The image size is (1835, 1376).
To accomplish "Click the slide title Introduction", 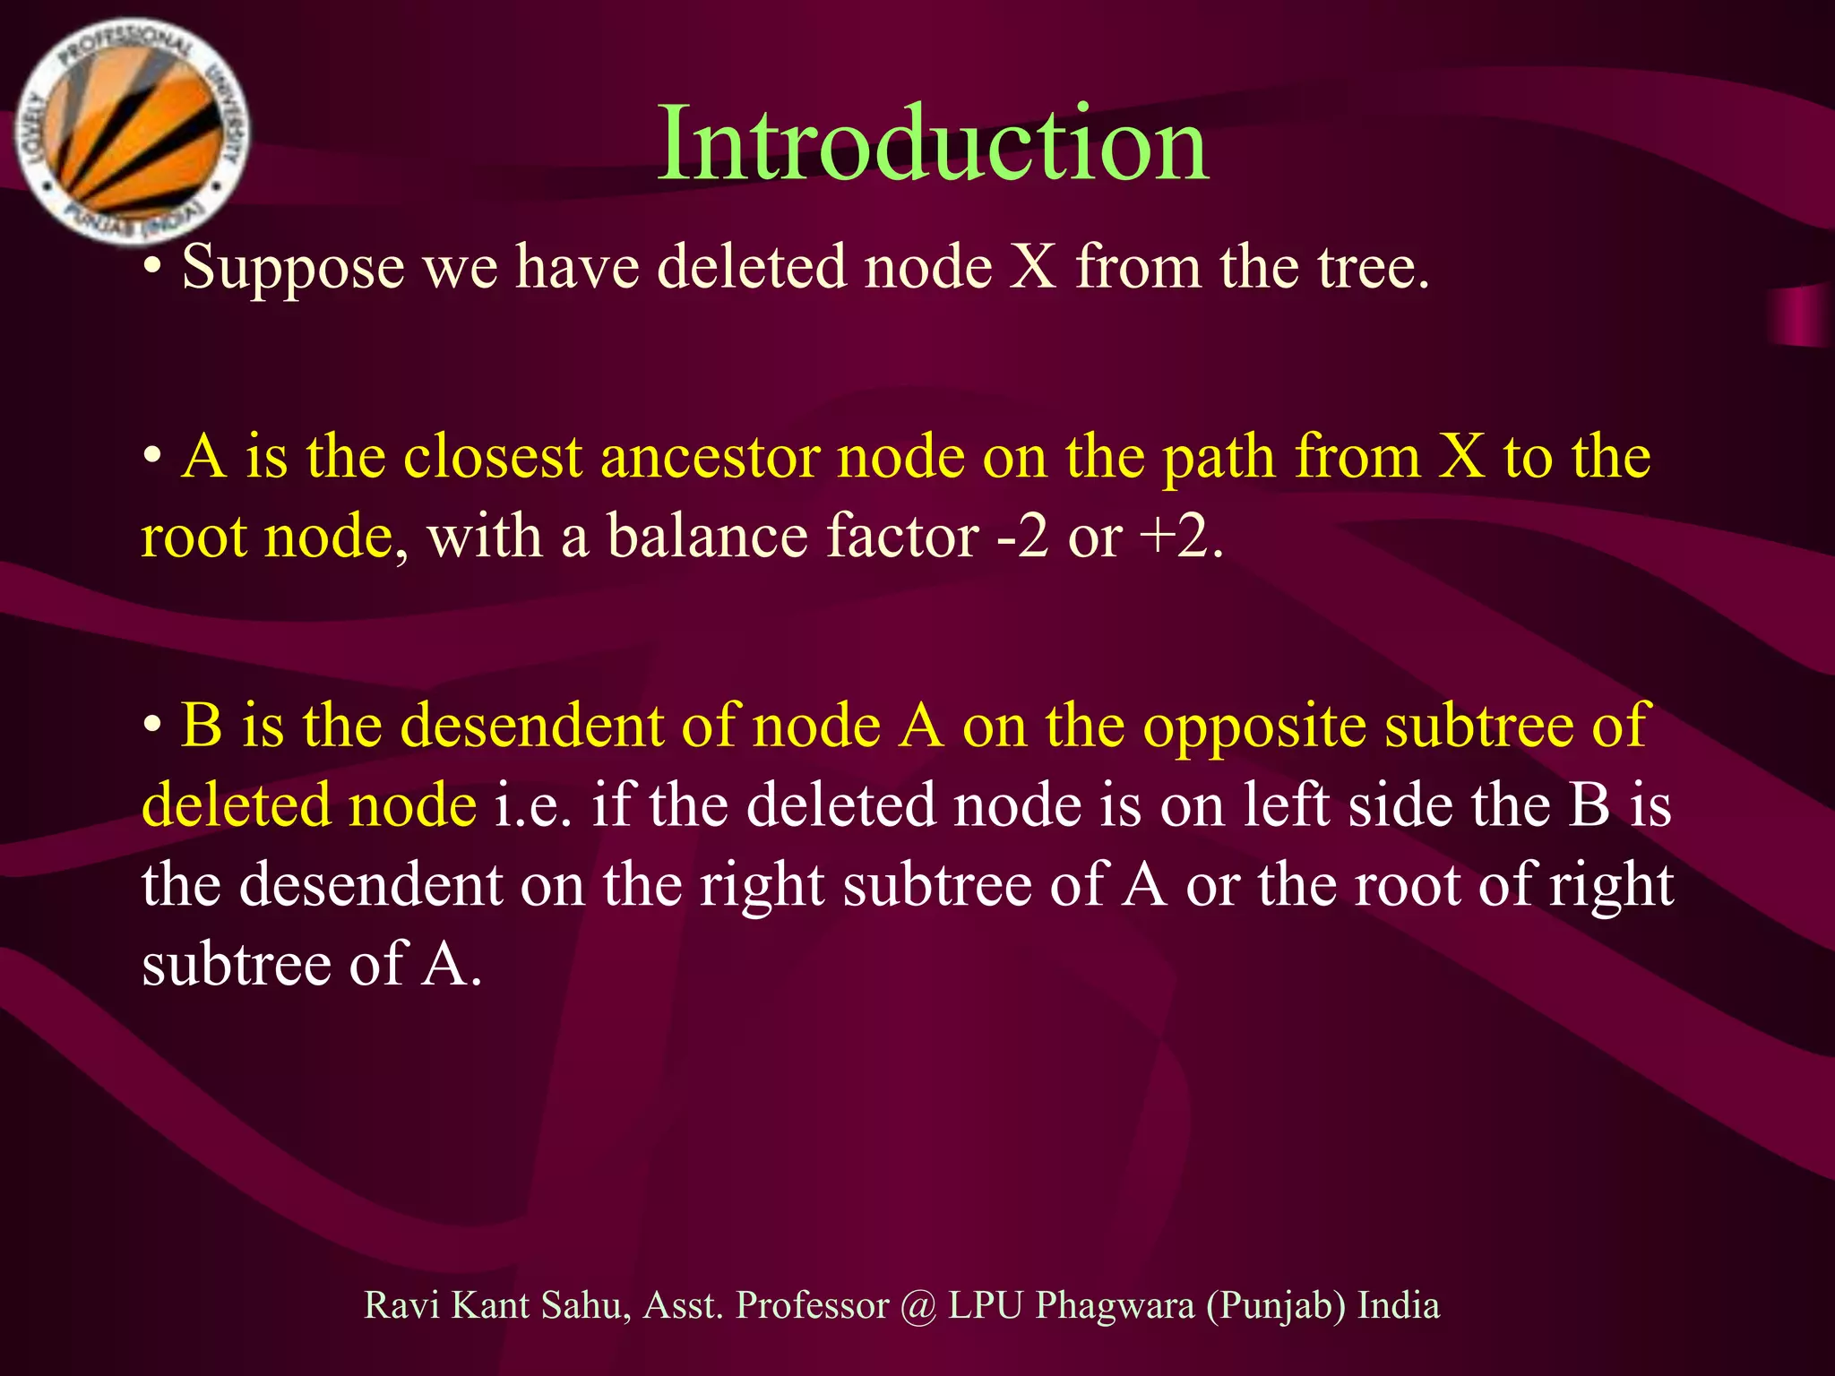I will (933, 143).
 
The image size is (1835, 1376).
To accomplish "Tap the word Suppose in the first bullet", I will (292, 269).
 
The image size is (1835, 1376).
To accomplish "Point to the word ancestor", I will (711, 457).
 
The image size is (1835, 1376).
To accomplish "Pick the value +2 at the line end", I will (1173, 537).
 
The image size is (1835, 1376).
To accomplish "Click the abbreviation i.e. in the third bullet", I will (533, 805).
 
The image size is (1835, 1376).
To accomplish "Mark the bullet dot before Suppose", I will (153, 269).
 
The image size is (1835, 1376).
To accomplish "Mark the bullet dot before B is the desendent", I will (153, 724).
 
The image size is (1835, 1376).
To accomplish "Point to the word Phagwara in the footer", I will (1115, 1306).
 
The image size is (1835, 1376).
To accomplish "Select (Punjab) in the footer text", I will (1276, 1306).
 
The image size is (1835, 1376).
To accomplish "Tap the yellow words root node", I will (267, 537).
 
